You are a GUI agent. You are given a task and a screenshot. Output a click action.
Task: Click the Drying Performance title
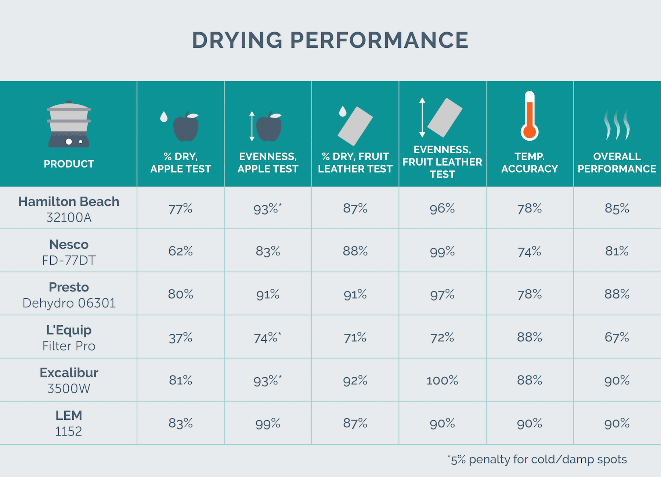pyautogui.click(x=330, y=40)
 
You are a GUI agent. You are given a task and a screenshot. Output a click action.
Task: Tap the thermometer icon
pyautogui.click(x=529, y=116)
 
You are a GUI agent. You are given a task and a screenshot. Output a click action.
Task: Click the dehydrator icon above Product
pyautogui.click(x=69, y=125)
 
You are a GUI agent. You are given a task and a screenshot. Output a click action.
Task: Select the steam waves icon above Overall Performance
pyautogui.click(x=617, y=125)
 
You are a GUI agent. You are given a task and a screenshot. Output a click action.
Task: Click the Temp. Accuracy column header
pyautogui.click(x=529, y=162)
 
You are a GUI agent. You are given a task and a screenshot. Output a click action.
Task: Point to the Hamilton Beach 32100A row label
pyautogui.click(x=69, y=209)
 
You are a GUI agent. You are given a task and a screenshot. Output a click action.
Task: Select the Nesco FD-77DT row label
pyautogui.click(x=69, y=252)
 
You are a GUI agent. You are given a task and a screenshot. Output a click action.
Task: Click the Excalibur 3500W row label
pyautogui.click(x=69, y=380)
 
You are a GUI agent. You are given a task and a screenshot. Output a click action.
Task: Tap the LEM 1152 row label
pyautogui.click(x=69, y=423)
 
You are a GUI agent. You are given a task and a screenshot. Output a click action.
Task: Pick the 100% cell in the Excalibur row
pyautogui.click(x=442, y=380)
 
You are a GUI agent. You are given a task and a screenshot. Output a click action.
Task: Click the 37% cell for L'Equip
pyautogui.click(x=180, y=338)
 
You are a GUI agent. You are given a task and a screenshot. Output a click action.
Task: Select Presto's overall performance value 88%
pyautogui.click(x=617, y=294)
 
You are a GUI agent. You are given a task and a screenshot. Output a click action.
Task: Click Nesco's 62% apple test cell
pyautogui.click(x=180, y=251)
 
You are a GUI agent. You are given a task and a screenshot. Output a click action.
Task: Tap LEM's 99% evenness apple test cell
pyautogui.click(x=268, y=424)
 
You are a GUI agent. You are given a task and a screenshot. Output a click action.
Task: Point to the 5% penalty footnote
pyautogui.click(x=537, y=459)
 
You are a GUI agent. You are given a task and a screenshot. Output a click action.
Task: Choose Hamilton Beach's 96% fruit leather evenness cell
pyautogui.click(x=442, y=209)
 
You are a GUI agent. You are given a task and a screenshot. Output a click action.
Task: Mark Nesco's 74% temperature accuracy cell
pyautogui.click(x=529, y=252)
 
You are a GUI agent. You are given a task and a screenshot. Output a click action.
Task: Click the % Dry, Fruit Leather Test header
pyautogui.click(x=355, y=162)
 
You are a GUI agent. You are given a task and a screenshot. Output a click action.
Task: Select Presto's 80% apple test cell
pyautogui.click(x=180, y=294)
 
